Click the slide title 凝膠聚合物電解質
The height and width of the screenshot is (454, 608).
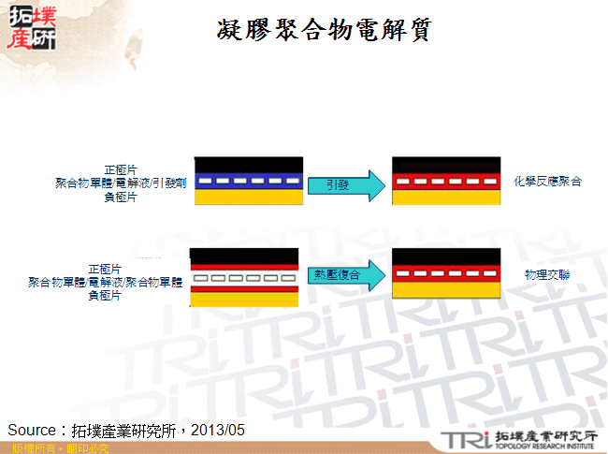coord(323,31)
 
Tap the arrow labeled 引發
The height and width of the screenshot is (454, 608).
coord(344,184)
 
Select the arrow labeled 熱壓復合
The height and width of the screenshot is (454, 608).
coord(342,274)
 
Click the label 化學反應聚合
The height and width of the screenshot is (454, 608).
coord(547,181)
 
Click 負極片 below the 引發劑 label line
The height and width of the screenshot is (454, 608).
coord(119,198)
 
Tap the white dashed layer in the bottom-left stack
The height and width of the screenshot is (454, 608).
coord(244,278)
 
